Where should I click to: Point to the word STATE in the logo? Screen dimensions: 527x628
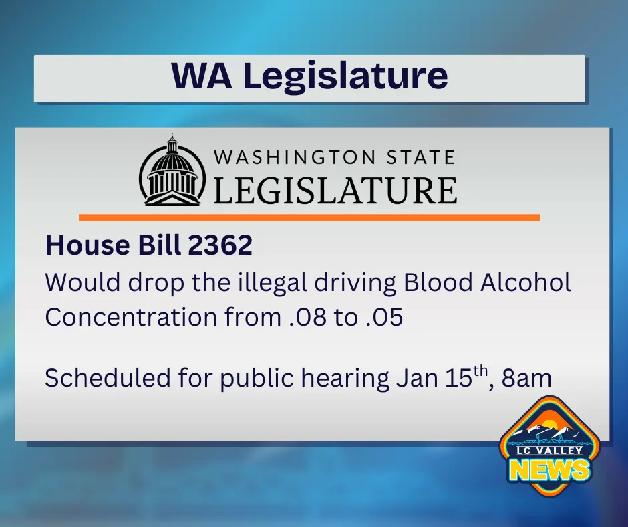tap(419, 158)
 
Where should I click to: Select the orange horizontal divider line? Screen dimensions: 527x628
tap(309, 217)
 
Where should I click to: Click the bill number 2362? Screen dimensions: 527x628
tap(220, 246)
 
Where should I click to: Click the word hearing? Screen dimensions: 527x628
tap(343, 379)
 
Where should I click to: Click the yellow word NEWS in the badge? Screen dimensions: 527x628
tap(550, 470)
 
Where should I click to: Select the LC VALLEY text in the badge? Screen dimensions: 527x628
tap(549, 451)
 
